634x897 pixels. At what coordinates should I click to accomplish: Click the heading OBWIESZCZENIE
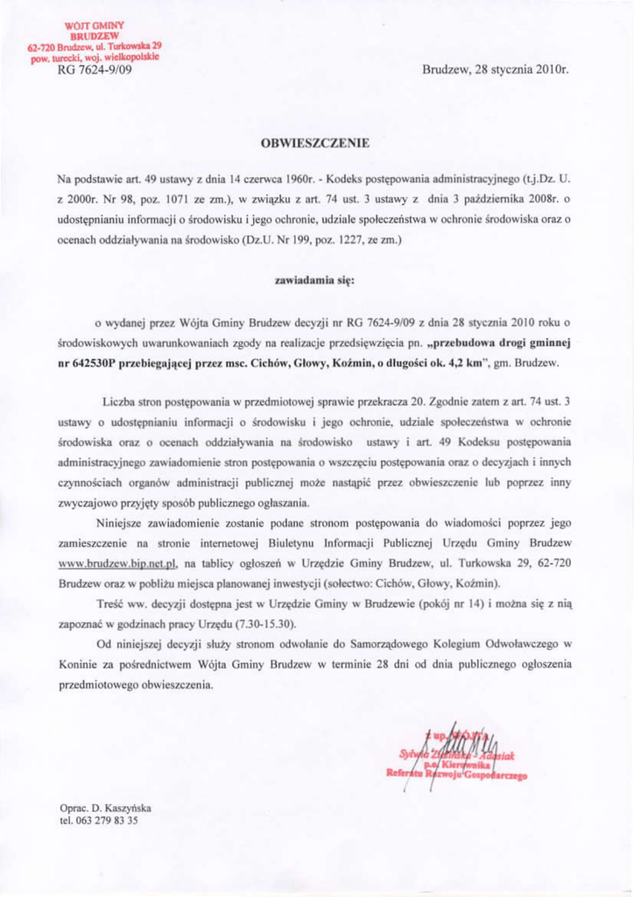pos(317,140)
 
